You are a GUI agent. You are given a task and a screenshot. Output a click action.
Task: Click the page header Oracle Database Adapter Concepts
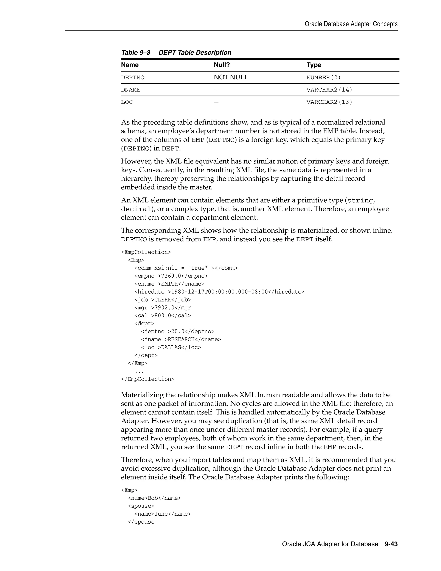[x=351, y=24]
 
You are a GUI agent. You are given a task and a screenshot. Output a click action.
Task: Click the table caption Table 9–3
[x=136, y=53]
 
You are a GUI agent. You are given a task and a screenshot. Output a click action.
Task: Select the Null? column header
[x=222, y=65]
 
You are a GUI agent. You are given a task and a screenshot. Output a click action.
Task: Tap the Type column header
[x=314, y=65]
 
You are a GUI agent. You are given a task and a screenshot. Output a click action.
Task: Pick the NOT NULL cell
[x=231, y=77]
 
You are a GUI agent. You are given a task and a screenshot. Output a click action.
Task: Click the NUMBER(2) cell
[x=323, y=78]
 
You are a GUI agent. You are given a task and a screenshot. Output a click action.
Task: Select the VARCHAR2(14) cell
[x=329, y=90]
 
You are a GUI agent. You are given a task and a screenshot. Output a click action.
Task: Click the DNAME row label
[x=131, y=90]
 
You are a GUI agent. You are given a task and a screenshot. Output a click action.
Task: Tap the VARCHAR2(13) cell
[x=329, y=102]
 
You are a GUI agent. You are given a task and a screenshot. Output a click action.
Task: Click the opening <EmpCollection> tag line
[x=146, y=252]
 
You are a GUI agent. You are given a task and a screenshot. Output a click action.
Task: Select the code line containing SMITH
[x=169, y=284]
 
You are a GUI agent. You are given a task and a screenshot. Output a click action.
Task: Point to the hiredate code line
[x=219, y=292]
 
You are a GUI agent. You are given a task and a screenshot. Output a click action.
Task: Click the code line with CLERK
[x=163, y=300]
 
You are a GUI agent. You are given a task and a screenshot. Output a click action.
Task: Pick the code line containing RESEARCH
[x=181, y=339]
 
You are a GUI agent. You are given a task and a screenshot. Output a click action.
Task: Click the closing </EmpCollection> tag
[x=147, y=379]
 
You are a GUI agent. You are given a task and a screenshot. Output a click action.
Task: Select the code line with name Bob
[x=154, y=498]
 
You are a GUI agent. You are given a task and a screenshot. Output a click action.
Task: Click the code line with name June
[x=163, y=514]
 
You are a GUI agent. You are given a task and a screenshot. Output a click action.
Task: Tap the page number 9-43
[x=391, y=544]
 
